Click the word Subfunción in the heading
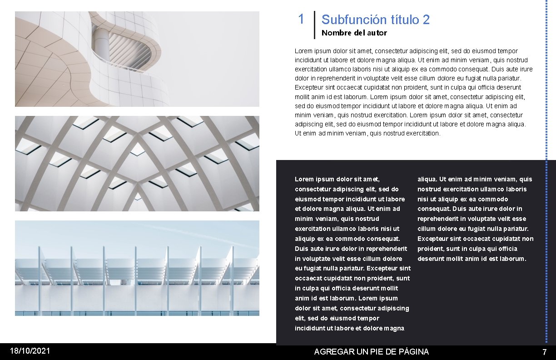347,20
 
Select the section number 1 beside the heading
301,19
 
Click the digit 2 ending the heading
426,20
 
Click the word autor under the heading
377,33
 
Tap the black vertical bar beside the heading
314,25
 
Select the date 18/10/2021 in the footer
30,351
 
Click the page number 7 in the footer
544,352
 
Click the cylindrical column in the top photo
102,45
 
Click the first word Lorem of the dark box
304,180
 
